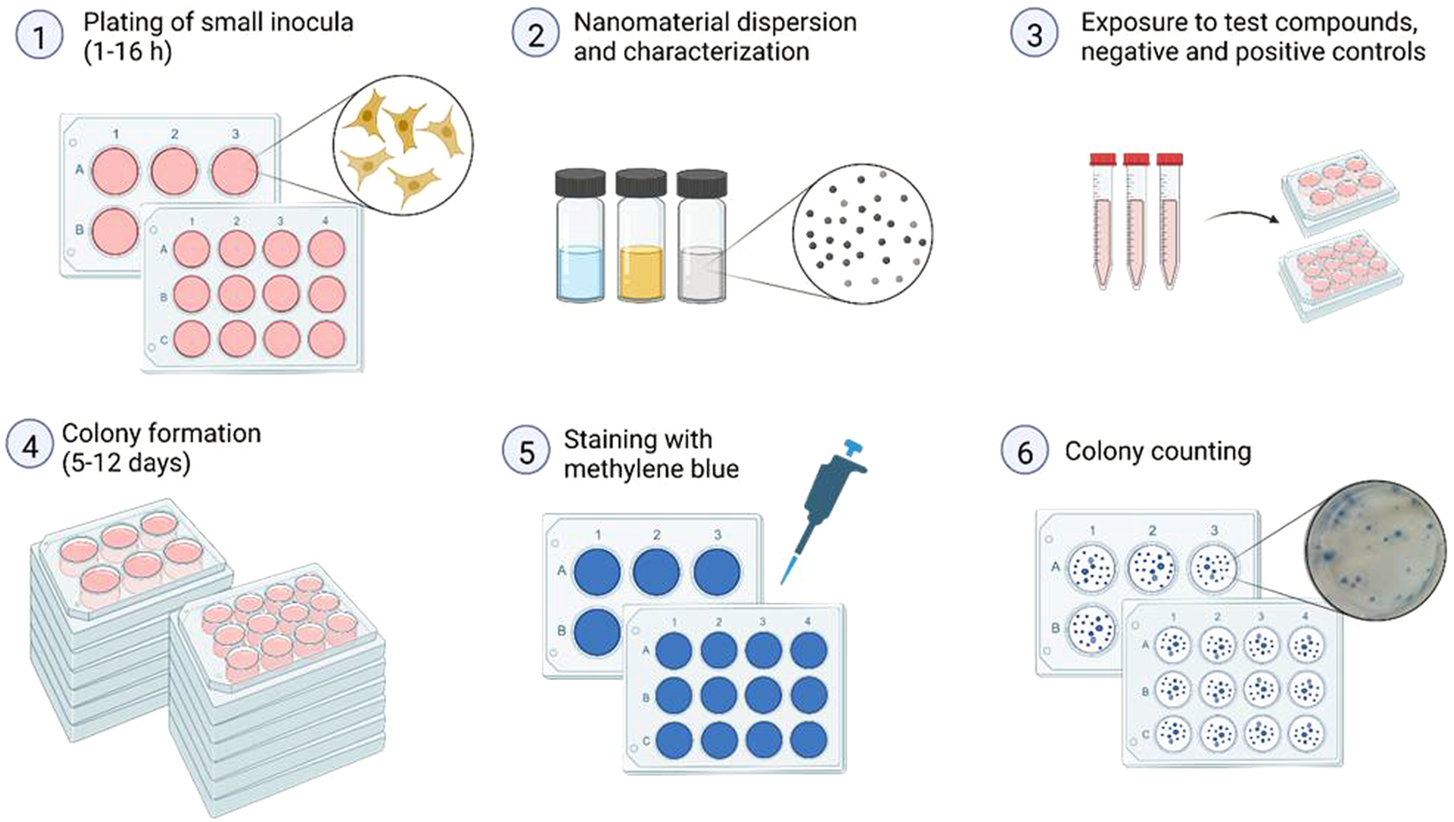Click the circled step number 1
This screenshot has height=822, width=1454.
(x=39, y=36)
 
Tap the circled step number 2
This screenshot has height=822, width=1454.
(x=535, y=36)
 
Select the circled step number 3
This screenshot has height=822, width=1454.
(x=1034, y=36)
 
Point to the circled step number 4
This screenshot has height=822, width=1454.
(x=30, y=446)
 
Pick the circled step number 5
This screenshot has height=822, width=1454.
(x=527, y=451)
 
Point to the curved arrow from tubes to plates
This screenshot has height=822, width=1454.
(x=1243, y=215)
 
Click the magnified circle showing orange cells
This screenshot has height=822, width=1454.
(x=403, y=145)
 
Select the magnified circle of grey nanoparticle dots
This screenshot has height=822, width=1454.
(x=863, y=232)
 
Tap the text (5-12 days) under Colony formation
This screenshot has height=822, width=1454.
(x=126, y=463)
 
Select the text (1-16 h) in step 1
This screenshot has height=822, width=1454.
(x=128, y=51)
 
